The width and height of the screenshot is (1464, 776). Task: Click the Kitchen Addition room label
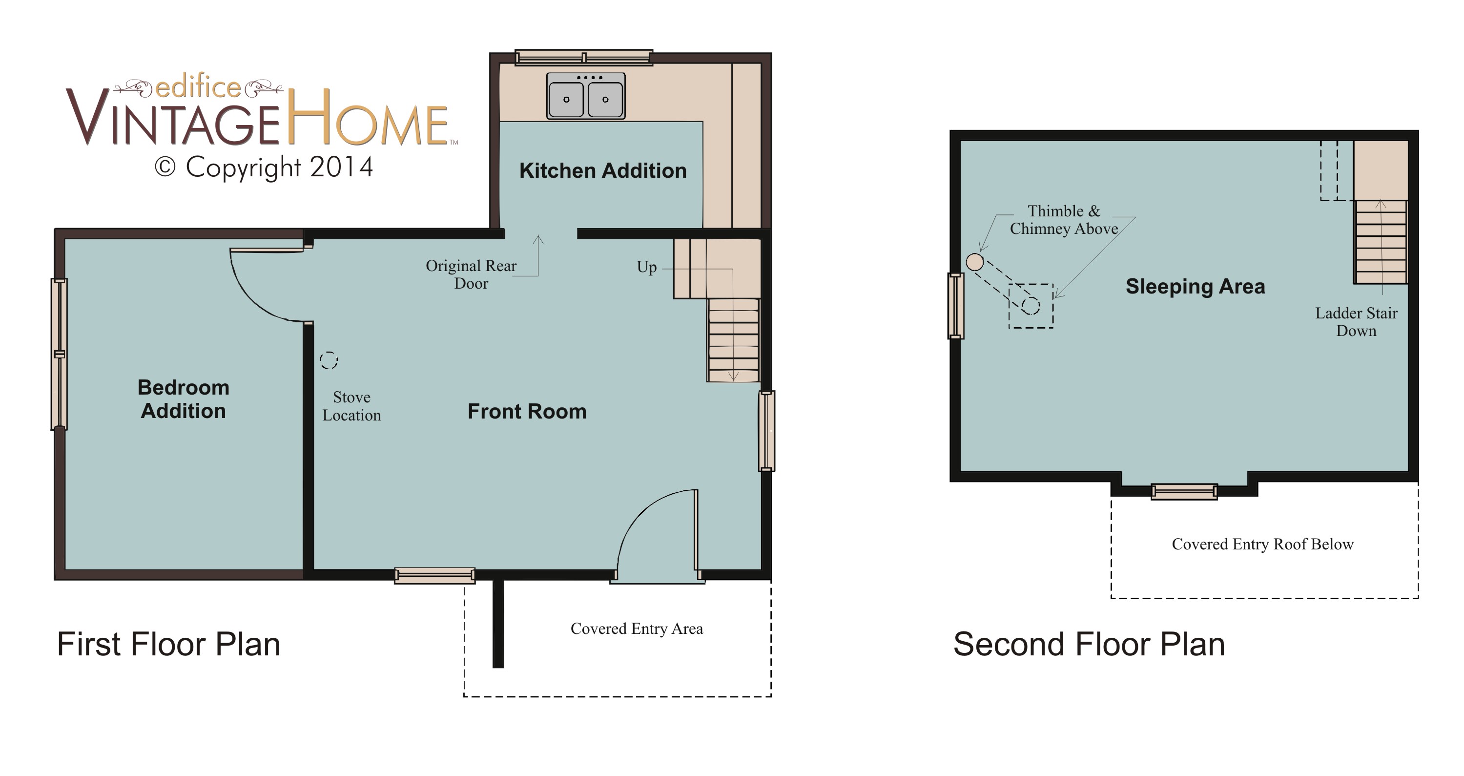603,170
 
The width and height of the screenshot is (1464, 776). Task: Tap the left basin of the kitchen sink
566,99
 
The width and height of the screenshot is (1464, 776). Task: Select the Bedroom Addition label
183,399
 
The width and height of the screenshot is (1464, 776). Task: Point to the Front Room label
527,411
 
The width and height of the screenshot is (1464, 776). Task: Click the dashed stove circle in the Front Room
329,360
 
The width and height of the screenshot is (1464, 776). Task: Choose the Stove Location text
352,406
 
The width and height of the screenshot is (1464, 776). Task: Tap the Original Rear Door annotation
471,274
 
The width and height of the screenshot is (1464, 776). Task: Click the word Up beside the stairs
647,267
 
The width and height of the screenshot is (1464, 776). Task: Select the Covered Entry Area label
637,628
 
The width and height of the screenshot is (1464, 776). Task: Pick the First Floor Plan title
169,644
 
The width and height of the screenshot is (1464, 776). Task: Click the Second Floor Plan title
1089,644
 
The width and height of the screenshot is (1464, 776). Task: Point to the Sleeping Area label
1195,287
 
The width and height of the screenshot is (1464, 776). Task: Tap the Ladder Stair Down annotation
1356,322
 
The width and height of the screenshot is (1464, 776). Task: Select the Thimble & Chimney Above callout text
1064,220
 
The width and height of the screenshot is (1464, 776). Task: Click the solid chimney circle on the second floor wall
975,262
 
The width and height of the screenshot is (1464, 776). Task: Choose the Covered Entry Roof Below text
1263,544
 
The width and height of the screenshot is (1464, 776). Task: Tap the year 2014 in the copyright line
342,167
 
